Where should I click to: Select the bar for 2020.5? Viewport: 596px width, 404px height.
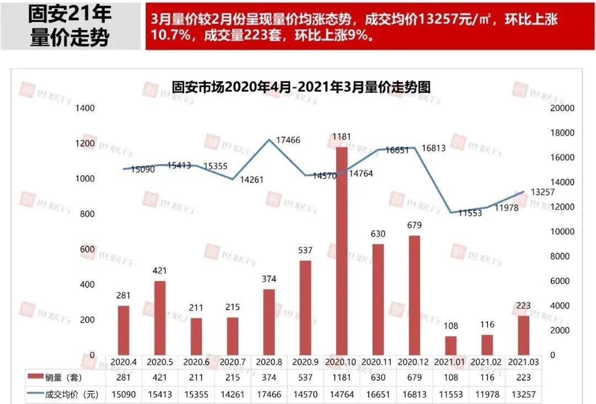coord(159,317)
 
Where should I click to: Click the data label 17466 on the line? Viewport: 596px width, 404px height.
coord(288,140)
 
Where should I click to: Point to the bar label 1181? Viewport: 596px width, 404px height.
coord(342,137)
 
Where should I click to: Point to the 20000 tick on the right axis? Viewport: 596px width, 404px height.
coord(563,108)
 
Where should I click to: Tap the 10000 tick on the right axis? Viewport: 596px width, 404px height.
coord(563,232)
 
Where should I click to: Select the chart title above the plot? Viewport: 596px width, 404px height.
coord(301,87)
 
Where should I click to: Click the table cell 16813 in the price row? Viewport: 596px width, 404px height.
coord(414,395)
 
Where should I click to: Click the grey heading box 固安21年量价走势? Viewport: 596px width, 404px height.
coord(70,26)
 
